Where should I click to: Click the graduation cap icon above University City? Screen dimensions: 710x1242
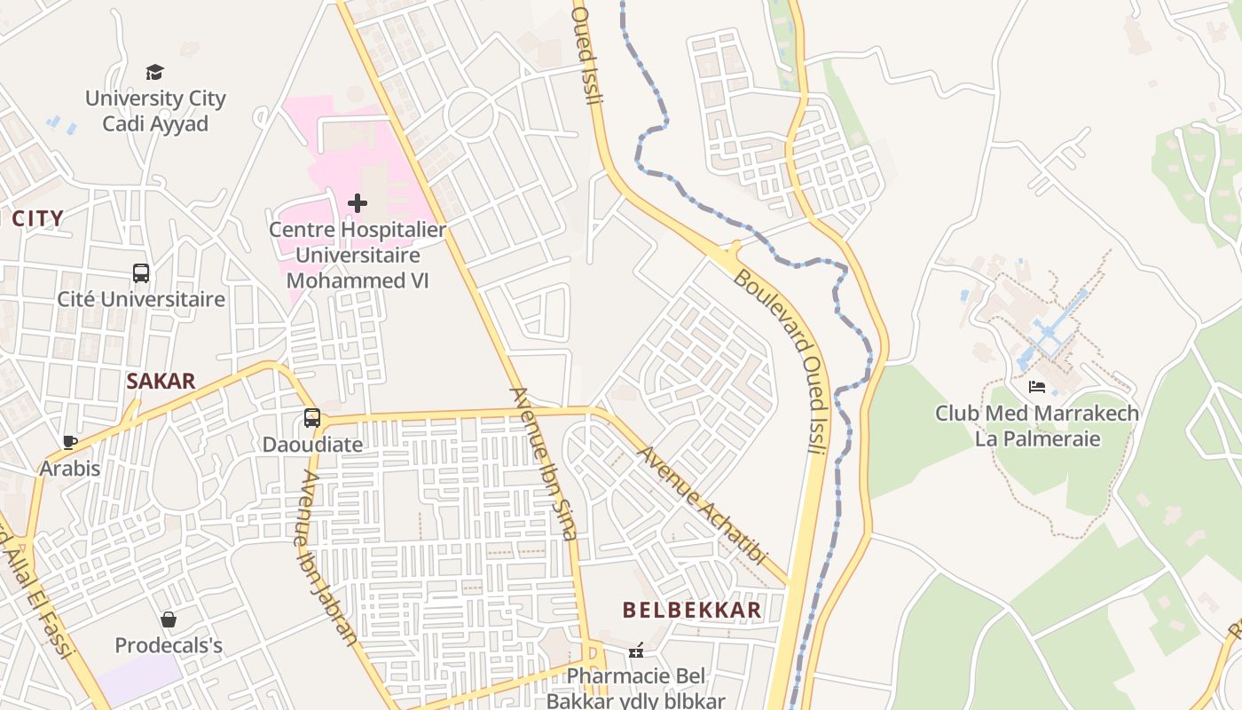[155, 72]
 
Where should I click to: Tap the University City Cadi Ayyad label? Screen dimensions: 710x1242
[155, 111]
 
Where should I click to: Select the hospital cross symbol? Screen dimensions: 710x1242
[358, 203]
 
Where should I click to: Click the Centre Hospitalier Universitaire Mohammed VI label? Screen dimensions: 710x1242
[358, 255]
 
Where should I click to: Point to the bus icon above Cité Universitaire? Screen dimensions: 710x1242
[141, 272]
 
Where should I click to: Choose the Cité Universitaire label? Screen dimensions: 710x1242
[141, 299]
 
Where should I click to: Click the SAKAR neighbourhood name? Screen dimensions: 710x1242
[161, 382]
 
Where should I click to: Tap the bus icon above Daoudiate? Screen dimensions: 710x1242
[312, 417]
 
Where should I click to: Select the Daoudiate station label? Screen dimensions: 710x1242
[312, 444]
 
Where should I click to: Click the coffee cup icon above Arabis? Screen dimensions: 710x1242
[70, 441]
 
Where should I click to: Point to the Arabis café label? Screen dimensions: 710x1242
[70, 468]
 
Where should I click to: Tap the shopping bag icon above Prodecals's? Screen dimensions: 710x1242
[169, 619]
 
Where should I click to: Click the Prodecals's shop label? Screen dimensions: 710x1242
[169, 645]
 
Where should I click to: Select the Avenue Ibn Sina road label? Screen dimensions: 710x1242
[544, 463]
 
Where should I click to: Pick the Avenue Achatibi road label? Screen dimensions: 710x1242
[701, 505]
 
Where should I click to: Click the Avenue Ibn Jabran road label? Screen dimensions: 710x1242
[327, 556]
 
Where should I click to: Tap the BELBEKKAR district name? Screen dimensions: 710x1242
[692, 610]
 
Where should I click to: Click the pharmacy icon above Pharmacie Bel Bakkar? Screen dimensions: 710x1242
[636, 651]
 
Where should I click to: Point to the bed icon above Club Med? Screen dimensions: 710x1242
[1037, 387]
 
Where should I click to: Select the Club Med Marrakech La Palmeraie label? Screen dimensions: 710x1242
[1037, 426]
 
